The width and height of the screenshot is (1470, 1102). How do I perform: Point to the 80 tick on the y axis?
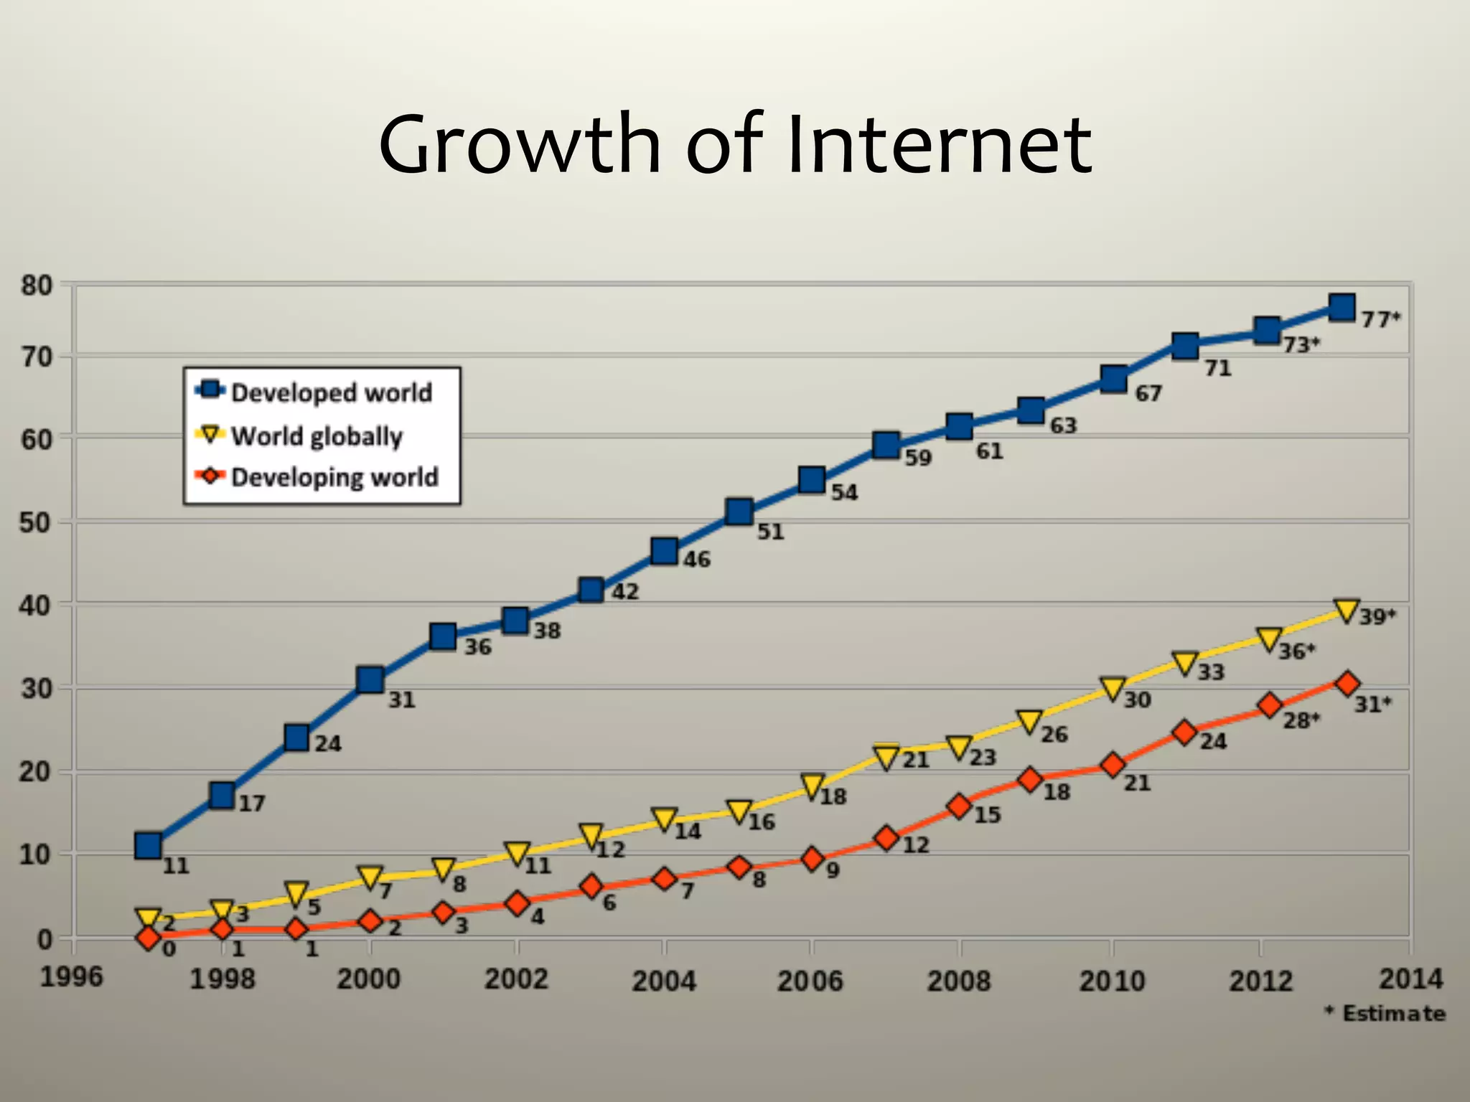(x=36, y=286)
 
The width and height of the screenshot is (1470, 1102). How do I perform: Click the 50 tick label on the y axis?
(x=36, y=522)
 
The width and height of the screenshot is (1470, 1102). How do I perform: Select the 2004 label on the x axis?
(x=664, y=980)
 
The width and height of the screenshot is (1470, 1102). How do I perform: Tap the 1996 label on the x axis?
(x=71, y=976)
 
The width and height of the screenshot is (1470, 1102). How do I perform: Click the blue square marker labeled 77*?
(x=1341, y=307)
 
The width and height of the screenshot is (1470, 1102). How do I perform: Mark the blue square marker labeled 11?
(x=148, y=847)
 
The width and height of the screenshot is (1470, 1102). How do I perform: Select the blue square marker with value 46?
(x=665, y=551)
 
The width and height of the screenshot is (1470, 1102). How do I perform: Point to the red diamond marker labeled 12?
(x=886, y=838)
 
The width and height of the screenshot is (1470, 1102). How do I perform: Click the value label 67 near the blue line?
(x=1148, y=394)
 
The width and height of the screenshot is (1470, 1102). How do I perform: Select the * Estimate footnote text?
(x=1385, y=1014)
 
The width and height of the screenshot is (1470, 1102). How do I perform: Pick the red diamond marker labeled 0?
(x=149, y=938)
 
